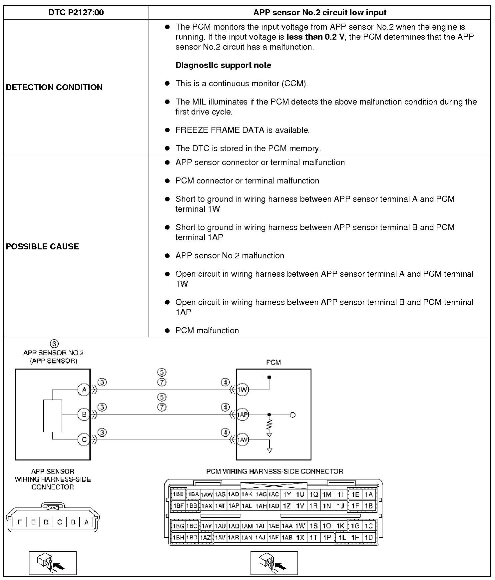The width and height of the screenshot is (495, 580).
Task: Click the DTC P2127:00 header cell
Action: (x=76, y=13)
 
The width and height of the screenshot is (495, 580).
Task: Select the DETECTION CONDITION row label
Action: (x=54, y=87)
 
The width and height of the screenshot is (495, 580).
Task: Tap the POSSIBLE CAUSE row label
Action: (x=43, y=246)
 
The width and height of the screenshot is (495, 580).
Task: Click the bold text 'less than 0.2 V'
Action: (x=315, y=37)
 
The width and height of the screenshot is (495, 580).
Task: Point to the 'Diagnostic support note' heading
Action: (x=223, y=65)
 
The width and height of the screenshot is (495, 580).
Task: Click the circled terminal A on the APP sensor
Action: (x=84, y=390)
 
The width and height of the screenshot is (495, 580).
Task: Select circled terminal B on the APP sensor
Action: (x=84, y=415)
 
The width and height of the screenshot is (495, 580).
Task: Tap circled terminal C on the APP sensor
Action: (x=84, y=440)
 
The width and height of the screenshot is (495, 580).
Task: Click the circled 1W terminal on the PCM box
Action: (x=243, y=390)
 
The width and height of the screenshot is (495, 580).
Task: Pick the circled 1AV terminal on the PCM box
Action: (x=243, y=440)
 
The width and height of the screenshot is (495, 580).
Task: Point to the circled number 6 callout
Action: (x=54, y=344)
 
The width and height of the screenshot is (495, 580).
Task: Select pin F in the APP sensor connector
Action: (x=20, y=522)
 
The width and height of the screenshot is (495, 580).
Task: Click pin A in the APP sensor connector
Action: (x=86, y=522)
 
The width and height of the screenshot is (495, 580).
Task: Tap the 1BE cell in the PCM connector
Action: (x=178, y=494)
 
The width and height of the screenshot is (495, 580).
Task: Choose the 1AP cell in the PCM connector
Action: (x=234, y=506)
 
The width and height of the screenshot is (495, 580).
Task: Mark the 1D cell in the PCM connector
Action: (x=368, y=537)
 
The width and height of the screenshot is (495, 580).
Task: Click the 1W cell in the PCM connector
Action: (x=300, y=526)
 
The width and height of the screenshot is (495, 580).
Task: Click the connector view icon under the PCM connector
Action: (x=274, y=563)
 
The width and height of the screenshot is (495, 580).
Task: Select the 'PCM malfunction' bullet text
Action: (x=207, y=330)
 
